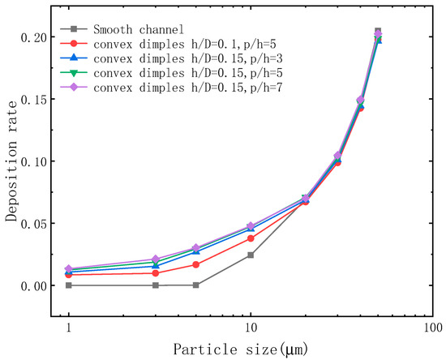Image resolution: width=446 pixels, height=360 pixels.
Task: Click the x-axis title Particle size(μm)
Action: click(251, 349)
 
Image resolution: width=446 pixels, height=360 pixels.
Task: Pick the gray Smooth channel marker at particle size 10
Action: click(251, 255)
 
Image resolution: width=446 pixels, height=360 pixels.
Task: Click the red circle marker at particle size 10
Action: click(251, 238)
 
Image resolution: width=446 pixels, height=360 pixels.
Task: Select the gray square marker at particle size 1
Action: click(69, 285)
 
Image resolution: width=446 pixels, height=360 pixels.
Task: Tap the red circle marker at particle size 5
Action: click(196, 264)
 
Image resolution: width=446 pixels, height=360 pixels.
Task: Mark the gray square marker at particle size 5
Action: click(196, 285)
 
